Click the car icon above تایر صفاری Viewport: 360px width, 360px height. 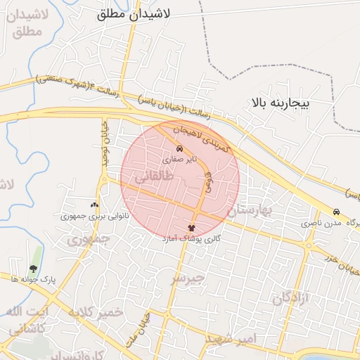(x=180, y=149)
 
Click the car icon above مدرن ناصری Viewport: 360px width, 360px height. (x=336, y=212)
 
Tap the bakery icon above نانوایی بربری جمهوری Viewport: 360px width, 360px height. (x=95, y=205)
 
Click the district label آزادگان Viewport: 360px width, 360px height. (x=290, y=298)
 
